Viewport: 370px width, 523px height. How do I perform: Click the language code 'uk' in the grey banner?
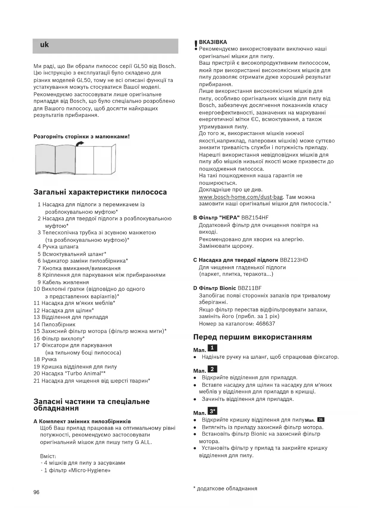pyautogui.click(x=44, y=45)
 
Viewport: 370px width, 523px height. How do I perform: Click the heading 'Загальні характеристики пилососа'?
pyautogui.click(x=100, y=192)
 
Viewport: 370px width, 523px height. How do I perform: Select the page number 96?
pyautogui.click(x=36, y=492)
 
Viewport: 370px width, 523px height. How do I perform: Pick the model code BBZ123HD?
pyautogui.click(x=294, y=260)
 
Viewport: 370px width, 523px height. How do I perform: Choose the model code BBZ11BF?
pyautogui.click(x=250, y=288)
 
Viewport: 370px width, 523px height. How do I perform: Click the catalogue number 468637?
pyautogui.click(x=265, y=324)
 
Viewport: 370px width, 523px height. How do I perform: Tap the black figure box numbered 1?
pyautogui.click(x=212, y=348)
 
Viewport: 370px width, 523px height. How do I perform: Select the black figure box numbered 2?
pyautogui.click(x=212, y=369)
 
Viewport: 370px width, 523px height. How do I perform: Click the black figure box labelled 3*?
pyautogui.click(x=212, y=411)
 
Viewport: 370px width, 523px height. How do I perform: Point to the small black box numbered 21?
pyautogui.click(x=321, y=420)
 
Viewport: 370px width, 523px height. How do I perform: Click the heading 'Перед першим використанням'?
pyautogui.click(x=252, y=337)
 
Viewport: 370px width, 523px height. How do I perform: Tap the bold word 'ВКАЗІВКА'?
pyautogui.click(x=213, y=42)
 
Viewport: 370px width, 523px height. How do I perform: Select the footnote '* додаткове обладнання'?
pyautogui.click(x=225, y=488)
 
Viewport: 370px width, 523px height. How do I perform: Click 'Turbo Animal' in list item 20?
pyautogui.click(x=84, y=373)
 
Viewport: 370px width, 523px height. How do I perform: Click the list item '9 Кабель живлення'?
pyautogui.click(x=63, y=282)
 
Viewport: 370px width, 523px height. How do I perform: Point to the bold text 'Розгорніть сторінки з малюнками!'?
pyautogui.click(x=82, y=137)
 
